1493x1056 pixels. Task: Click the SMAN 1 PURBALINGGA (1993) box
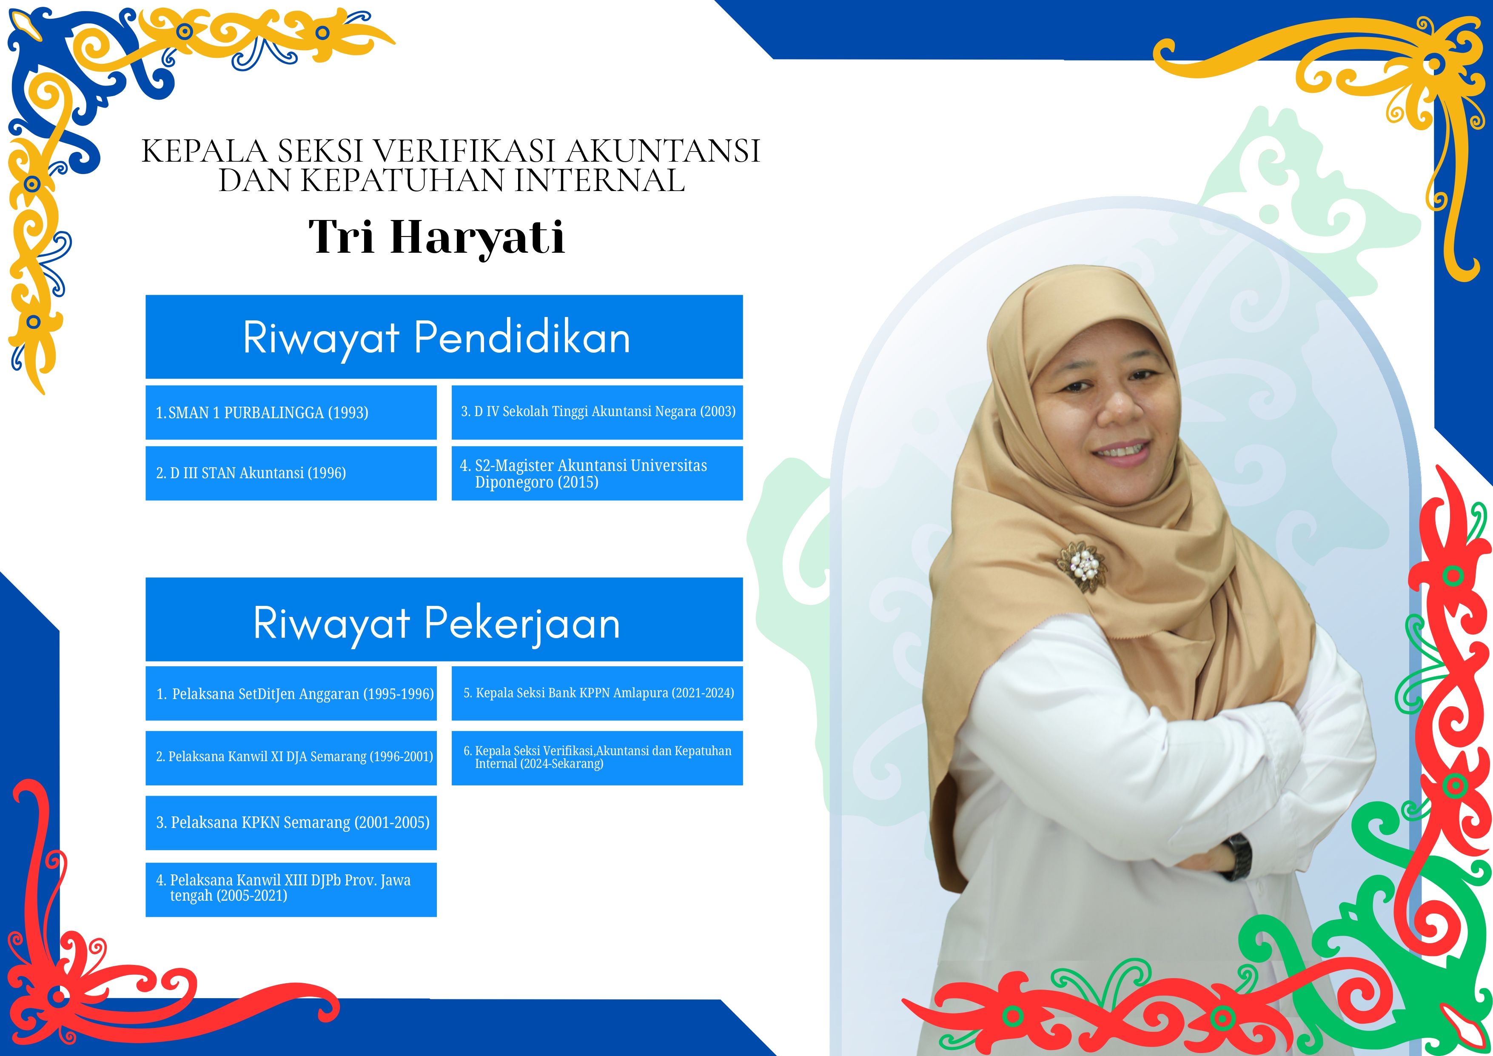coord(291,412)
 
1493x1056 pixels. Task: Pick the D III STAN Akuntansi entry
coord(291,473)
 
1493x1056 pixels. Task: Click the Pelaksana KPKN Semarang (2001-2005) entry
coord(291,822)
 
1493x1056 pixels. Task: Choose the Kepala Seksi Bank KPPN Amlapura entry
coord(597,693)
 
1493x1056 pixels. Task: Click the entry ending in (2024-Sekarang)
coord(597,757)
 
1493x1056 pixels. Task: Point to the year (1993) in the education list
coord(348,413)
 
